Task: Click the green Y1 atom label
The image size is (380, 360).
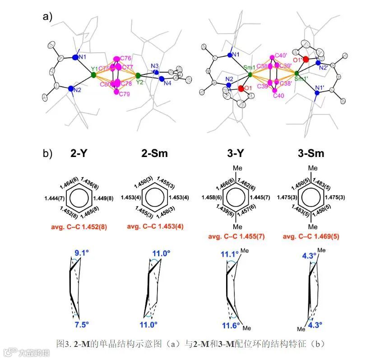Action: (94, 69)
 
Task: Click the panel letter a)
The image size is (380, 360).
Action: (47, 17)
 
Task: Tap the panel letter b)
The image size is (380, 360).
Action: (47, 153)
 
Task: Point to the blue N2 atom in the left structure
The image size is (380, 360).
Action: (71, 89)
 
